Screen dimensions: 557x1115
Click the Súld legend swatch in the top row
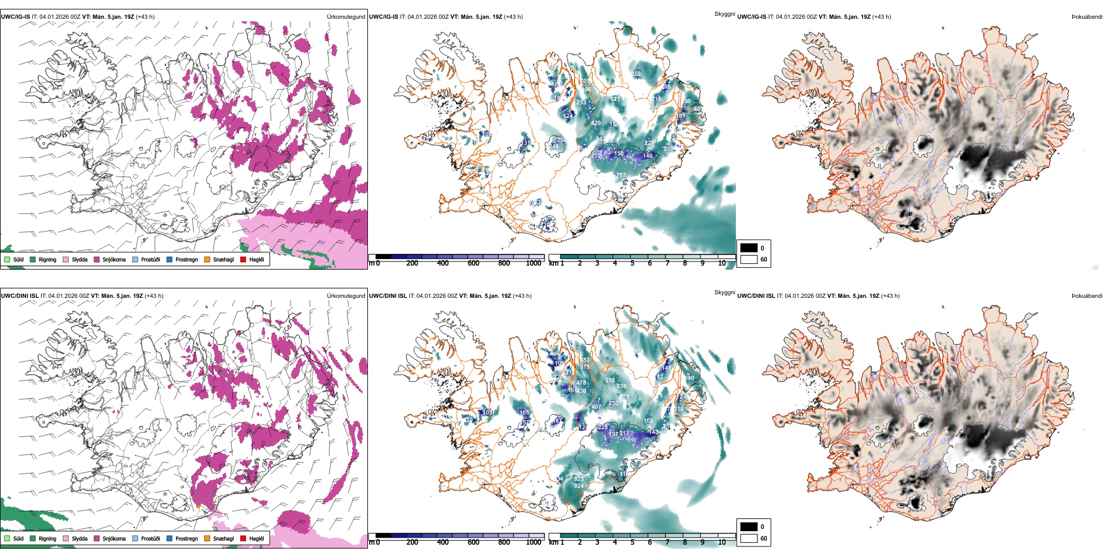coord(7,259)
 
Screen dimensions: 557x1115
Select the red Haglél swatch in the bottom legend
coord(244,538)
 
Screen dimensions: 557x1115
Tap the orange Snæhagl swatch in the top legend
coord(207,259)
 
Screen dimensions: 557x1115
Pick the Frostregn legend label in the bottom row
coord(186,538)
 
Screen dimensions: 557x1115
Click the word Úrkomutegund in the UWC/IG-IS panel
coord(346,17)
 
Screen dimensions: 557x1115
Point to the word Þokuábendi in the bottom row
coord(1087,296)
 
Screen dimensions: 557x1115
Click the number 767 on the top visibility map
coord(621,175)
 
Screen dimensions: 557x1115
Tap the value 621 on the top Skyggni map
coord(614,99)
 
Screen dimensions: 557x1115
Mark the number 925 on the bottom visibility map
coord(579,479)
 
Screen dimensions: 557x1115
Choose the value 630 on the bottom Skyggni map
coord(621,386)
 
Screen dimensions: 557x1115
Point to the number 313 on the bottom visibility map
coord(624,434)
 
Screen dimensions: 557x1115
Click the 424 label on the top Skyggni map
coord(567,116)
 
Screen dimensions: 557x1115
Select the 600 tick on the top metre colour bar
coord(474,263)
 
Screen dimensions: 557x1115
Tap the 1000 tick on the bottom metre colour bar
coord(533,542)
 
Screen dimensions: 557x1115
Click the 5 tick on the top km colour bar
coord(632,263)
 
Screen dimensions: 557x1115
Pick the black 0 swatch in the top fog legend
coord(748,248)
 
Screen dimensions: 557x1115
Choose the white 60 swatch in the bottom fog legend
coord(748,538)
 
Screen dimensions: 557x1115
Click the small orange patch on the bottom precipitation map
coord(198,505)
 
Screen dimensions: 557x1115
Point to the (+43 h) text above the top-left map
coord(145,17)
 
